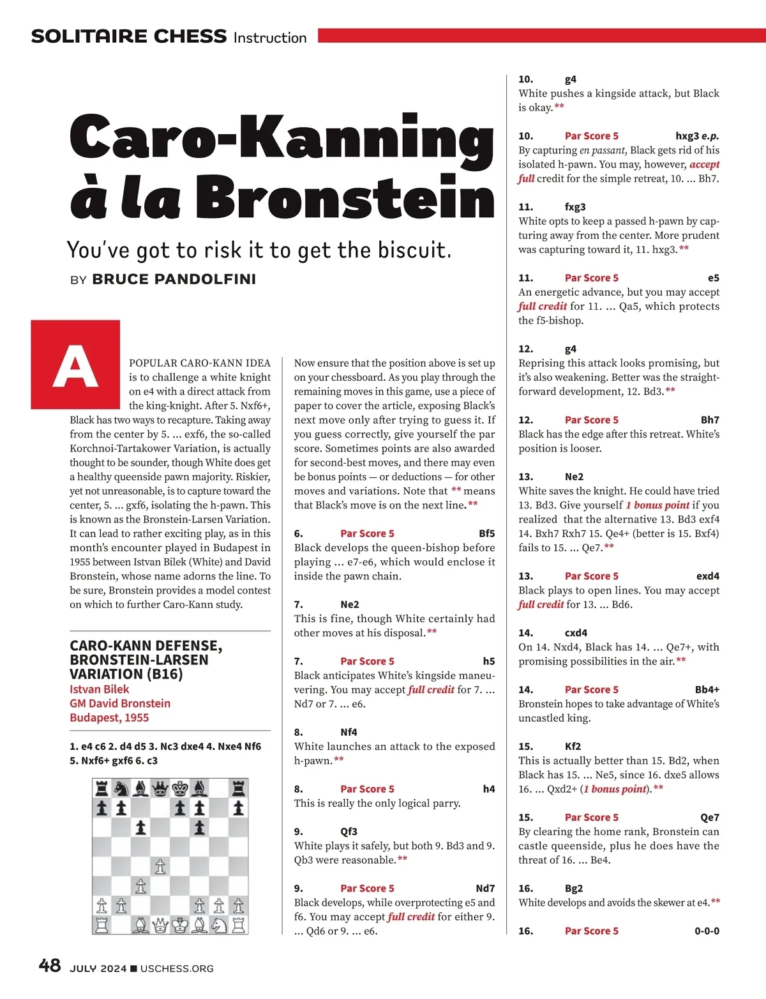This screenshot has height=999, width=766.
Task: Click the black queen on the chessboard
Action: (x=160, y=788)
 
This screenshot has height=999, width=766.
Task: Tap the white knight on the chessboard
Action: (x=219, y=924)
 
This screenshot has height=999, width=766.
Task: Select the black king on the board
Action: (x=181, y=788)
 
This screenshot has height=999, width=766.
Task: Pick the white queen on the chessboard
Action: (x=160, y=924)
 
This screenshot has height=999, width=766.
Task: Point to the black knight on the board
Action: (x=121, y=788)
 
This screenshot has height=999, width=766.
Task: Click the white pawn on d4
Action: (x=160, y=866)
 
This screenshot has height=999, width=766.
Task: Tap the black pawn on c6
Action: (x=140, y=828)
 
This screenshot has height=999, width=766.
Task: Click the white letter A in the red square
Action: (x=75, y=366)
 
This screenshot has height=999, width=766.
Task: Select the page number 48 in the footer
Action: (x=50, y=965)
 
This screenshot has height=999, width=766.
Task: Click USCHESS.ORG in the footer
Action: (x=177, y=968)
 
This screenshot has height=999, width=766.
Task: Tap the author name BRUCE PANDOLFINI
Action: (x=174, y=279)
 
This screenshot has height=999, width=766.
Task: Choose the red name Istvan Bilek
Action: (x=99, y=689)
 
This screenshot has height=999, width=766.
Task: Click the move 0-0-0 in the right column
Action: (x=707, y=931)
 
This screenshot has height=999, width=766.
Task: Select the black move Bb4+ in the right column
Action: (x=707, y=689)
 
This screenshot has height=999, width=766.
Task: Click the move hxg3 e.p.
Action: (x=697, y=135)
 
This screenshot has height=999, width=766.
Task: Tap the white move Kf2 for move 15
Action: (x=573, y=746)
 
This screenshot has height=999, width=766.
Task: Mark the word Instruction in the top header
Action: (x=270, y=38)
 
